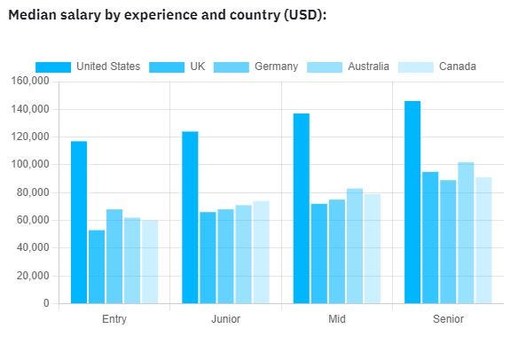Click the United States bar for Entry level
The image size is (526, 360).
pyautogui.click(x=79, y=222)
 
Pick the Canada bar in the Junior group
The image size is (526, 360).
pyautogui.click(x=261, y=252)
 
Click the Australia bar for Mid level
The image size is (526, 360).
pyautogui.click(x=355, y=246)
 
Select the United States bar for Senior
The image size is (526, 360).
pyautogui.click(x=412, y=202)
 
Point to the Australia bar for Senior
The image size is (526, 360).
pyautogui.click(x=466, y=232)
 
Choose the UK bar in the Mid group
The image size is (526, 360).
pyautogui.click(x=319, y=254)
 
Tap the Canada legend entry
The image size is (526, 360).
pyautogui.click(x=457, y=67)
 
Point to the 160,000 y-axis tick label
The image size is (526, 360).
pyautogui.click(x=30, y=82)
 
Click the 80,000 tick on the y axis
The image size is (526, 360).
pyautogui.click(x=33, y=192)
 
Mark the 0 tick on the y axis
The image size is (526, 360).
pyautogui.click(x=46, y=303)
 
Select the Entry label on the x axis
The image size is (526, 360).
pyautogui.click(x=114, y=319)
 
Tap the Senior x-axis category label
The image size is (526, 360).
pyautogui.click(x=448, y=319)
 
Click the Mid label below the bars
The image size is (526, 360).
pyautogui.click(x=337, y=319)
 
